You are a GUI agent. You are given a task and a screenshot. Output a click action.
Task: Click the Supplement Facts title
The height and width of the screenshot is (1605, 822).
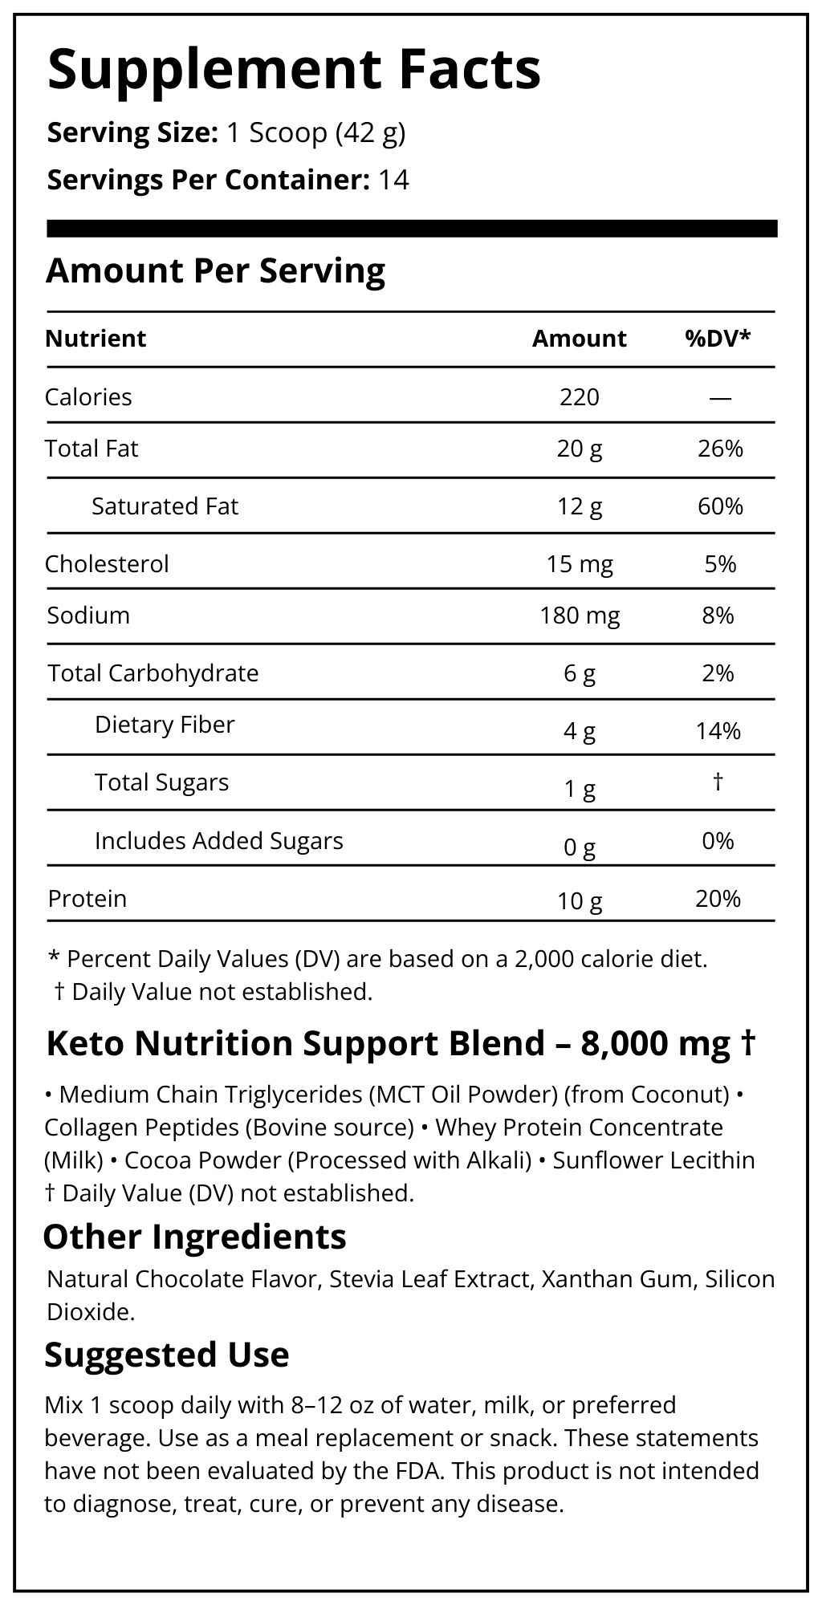294,70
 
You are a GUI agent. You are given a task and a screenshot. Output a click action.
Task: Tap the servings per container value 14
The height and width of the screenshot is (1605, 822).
393,179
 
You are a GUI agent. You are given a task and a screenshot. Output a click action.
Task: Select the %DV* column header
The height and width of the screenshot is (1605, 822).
718,339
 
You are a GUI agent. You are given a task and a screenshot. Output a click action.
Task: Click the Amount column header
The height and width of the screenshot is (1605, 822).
579,339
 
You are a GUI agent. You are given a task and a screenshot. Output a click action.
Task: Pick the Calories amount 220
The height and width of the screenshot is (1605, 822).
579,397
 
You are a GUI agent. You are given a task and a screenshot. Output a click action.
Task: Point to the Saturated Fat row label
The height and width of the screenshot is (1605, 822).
165,506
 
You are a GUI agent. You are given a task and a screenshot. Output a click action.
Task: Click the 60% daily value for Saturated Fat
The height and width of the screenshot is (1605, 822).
720,506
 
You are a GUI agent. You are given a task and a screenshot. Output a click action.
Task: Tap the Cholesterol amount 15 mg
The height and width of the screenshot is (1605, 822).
579,564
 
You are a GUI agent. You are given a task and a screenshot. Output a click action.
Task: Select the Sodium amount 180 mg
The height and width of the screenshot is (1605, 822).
579,616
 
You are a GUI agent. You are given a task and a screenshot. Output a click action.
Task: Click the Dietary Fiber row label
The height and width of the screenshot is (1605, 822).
165,725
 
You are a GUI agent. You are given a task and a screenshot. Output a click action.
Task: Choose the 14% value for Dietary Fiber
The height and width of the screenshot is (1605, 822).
718,731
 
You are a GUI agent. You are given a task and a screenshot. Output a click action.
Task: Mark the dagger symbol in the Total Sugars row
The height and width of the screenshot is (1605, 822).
718,781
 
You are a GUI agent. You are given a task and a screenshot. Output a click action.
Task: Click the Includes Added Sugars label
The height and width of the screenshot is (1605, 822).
218,841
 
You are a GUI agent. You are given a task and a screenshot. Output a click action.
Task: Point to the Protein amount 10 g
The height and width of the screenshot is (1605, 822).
579,901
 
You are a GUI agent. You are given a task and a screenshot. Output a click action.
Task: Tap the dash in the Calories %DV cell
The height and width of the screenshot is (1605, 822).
720,398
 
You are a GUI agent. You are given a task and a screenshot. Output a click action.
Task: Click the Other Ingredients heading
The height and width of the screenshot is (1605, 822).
194,1237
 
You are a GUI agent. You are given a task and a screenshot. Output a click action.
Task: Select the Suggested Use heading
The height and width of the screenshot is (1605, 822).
166,1355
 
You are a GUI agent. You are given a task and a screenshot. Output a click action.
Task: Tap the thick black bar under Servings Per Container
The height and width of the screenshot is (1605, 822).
412,229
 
